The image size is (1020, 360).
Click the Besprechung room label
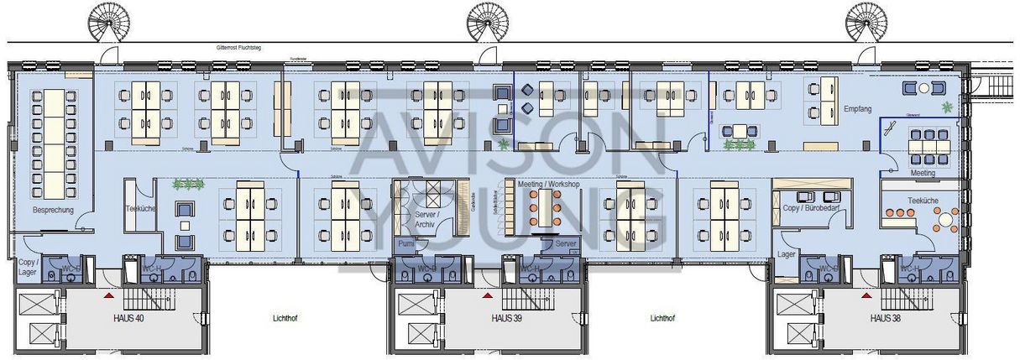pos(53,210)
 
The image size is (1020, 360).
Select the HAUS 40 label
pos(129,319)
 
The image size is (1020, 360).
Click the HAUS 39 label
pos(508,319)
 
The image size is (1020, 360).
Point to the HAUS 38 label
pos(887,319)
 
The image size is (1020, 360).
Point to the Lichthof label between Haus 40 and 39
pos(287,319)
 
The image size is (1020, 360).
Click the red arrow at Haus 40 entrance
pos(107,296)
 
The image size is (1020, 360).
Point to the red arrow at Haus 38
pos(865,296)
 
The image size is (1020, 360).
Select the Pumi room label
pos(406,243)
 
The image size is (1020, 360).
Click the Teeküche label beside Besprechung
pos(139,208)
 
